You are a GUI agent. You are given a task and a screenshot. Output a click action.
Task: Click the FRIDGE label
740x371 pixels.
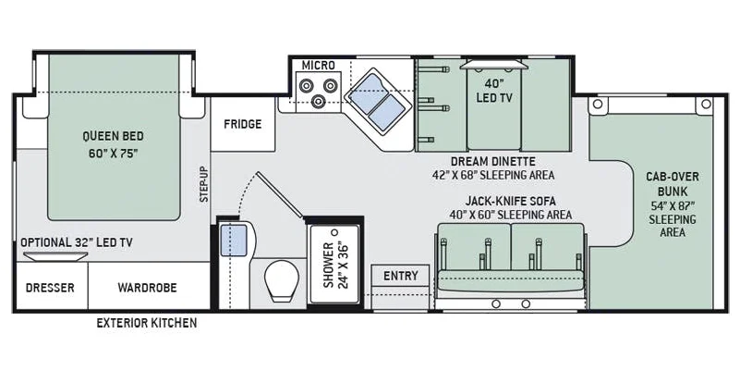click(243, 124)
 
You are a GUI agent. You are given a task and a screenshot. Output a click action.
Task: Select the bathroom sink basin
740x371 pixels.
click(235, 241)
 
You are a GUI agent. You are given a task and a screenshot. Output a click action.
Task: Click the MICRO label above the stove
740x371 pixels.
click(319, 65)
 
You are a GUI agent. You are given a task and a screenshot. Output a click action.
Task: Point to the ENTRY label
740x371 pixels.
click(401, 276)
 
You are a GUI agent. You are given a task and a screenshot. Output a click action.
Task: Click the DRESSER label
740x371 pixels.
click(50, 288)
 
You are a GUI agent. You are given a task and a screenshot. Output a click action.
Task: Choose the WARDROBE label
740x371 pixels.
click(147, 288)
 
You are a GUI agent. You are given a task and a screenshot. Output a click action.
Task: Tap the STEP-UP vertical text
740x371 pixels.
click(204, 184)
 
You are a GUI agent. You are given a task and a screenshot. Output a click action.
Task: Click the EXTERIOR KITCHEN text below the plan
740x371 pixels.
click(147, 323)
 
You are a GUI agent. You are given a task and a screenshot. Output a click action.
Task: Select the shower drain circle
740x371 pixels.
click(335, 232)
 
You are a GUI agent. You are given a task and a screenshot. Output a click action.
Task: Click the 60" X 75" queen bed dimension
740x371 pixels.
click(114, 154)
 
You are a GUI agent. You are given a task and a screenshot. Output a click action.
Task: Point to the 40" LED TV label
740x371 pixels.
click(494, 91)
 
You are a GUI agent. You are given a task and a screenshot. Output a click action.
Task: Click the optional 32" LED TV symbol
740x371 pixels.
click(55, 256)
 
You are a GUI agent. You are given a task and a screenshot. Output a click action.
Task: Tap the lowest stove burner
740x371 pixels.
click(320, 101)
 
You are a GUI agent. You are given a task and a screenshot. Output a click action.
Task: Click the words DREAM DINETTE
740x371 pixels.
click(493, 162)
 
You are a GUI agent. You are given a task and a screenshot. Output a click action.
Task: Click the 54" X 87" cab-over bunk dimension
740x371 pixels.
click(673, 206)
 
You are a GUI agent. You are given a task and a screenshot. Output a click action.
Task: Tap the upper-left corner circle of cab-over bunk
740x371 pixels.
click(598, 104)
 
